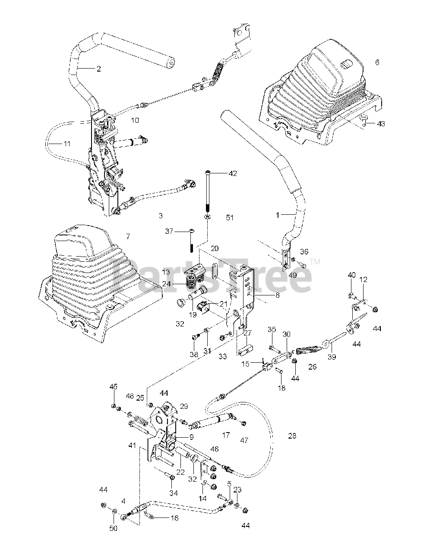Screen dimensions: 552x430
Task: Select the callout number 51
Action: [230, 218]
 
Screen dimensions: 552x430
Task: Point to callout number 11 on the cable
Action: [66, 144]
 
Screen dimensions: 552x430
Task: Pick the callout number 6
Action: [377, 63]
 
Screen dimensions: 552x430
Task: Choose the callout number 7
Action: [127, 236]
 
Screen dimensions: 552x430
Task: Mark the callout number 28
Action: [292, 436]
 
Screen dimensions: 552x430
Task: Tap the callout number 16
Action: [174, 517]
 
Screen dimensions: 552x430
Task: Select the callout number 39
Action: [332, 357]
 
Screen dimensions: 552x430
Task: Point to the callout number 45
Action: [113, 387]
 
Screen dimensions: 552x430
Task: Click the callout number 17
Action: [226, 435]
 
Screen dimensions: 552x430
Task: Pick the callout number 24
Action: [166, 284]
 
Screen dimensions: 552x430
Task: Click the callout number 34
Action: [174, 493]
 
